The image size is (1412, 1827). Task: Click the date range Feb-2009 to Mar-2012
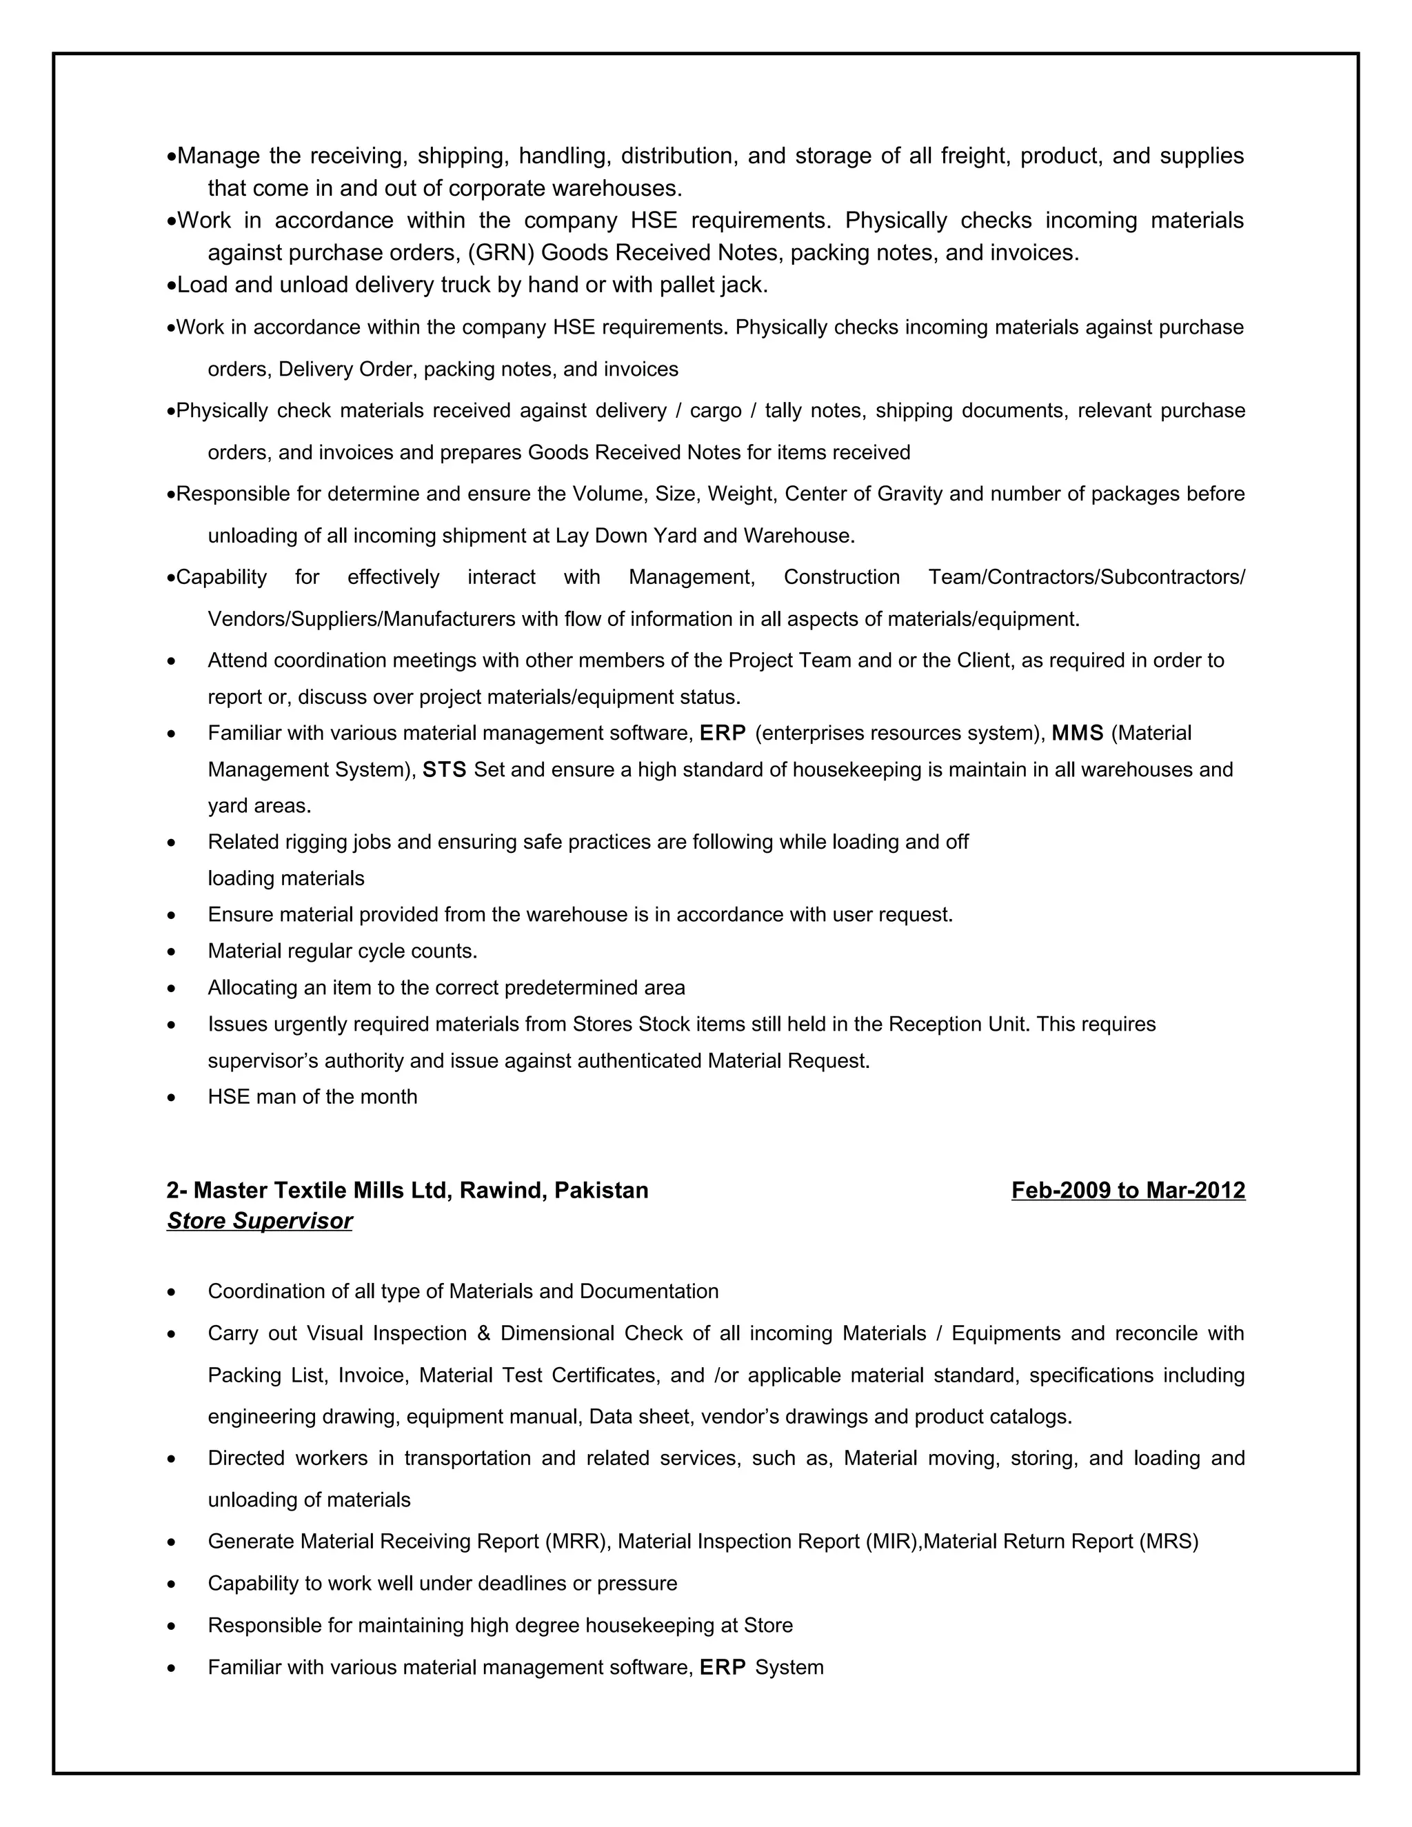point(1127,1191)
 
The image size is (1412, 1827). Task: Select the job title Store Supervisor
point(259,1222)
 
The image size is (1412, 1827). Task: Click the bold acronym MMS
point(1078,734)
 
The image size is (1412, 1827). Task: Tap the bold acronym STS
point(444,769)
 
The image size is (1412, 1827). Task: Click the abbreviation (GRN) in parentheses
point(501,252)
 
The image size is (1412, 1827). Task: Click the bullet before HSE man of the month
point(172,1098)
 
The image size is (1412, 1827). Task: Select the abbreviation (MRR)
point(575,1542)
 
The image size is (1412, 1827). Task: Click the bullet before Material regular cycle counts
point(172,952)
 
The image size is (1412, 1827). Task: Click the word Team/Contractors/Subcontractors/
point(1086,577)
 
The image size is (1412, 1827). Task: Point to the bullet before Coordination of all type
point(172,1293)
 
